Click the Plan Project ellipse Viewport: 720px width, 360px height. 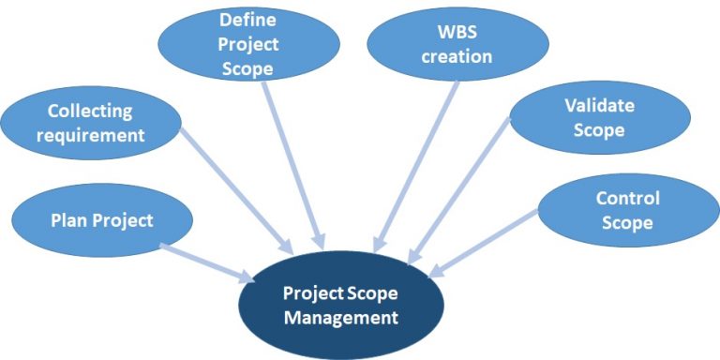[101, 221]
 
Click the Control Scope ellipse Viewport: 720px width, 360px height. [627, 211]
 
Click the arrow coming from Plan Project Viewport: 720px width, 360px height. [208, 262]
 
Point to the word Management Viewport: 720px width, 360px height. [340, 318]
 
